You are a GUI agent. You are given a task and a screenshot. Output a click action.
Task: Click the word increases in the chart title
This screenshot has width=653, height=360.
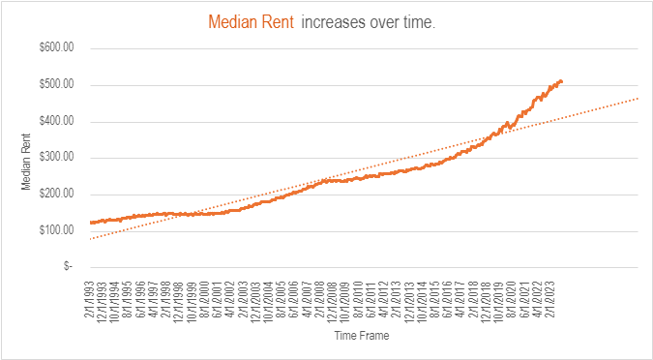tap(334, 21)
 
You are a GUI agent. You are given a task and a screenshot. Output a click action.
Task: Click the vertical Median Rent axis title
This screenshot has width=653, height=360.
tap(27, 158)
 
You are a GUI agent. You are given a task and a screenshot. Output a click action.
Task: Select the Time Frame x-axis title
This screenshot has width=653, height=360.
tap(362, 338)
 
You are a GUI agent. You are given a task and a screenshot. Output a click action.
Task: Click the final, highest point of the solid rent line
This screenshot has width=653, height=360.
tap(561, 80)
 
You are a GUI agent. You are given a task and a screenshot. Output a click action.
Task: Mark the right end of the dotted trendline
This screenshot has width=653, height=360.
tap(638, 98)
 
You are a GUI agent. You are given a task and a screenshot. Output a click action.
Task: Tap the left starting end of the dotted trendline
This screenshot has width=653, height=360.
tap(90, 238)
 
